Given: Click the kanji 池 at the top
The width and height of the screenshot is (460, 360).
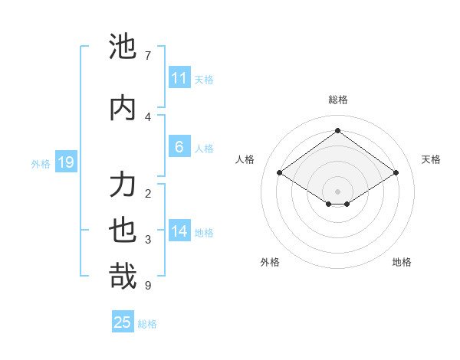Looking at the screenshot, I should click(123, 47).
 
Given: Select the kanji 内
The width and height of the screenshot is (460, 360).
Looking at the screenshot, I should click(123, 107).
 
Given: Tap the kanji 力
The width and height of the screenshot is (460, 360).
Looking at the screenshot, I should click(123, 185).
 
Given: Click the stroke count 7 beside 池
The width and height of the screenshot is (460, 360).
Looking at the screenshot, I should click(147, 56).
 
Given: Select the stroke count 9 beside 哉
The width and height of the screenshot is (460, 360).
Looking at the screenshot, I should click(147, 286).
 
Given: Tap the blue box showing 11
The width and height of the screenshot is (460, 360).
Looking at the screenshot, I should click(179, 78).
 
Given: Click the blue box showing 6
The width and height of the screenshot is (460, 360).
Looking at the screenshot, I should click(179, 147).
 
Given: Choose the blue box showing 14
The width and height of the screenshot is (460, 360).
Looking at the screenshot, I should click(179, 231).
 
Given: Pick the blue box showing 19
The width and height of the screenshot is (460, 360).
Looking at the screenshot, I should click(65, 162).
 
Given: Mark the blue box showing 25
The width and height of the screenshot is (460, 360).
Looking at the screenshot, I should click(123, 322).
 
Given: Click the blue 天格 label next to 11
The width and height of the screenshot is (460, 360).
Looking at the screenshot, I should click(203, 80).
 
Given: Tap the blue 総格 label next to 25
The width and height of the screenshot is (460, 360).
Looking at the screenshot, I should click(147, 324).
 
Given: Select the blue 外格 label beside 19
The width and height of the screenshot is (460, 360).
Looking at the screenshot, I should click(41, 163).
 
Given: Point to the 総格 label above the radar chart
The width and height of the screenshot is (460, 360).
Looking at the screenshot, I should click(337, 100).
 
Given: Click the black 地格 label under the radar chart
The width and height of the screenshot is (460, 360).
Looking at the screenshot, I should click(402, 262).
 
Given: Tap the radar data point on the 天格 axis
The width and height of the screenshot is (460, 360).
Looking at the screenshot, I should click(396, 173).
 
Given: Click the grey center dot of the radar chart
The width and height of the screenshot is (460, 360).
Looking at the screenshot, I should click(337, 190).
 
